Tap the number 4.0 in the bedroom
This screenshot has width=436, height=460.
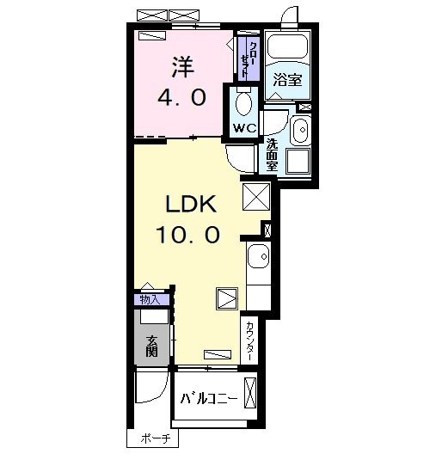182,98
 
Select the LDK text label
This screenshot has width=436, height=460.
191,204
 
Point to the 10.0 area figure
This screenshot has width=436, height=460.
187,235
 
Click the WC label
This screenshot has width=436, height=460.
245,128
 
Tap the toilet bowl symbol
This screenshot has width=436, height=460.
244,101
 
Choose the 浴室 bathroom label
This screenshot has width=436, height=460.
287,80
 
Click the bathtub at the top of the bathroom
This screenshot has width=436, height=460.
288,46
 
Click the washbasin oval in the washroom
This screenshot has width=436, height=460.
302,130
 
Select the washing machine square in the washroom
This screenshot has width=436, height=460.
298,161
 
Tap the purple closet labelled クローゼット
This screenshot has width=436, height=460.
249,58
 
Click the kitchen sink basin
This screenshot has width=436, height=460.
259,256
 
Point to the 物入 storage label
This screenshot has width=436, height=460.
150,300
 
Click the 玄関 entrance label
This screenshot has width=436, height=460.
152,347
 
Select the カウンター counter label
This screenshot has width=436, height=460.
249,340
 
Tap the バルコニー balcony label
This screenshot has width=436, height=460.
209,399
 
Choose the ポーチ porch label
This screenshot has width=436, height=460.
156,439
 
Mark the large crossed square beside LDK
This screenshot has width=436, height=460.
256,197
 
